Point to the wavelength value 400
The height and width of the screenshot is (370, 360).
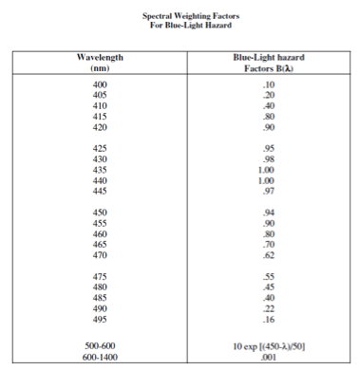(100, 86)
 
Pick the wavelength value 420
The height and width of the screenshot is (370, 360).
(100, 127)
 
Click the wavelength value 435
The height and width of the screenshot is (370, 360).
(100, 170)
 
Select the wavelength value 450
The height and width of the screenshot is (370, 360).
(100, 212)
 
